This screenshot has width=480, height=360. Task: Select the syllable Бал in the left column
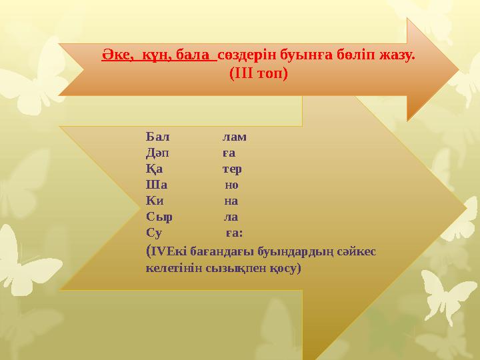157,137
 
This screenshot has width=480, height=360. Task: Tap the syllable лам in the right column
234,137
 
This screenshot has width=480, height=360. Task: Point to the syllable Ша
155,185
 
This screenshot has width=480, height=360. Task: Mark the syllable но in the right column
232,185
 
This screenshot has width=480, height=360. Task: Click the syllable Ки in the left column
155,201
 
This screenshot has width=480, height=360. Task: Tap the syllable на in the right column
231,201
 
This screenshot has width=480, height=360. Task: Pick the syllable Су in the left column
154,233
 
